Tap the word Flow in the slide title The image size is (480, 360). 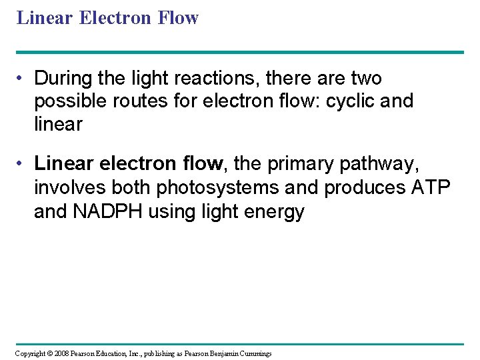[179, 18]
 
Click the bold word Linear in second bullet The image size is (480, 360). [62, 163]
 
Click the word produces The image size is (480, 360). [363, 188]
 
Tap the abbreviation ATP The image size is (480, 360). [431, 188]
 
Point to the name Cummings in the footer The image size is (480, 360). [253, 353]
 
